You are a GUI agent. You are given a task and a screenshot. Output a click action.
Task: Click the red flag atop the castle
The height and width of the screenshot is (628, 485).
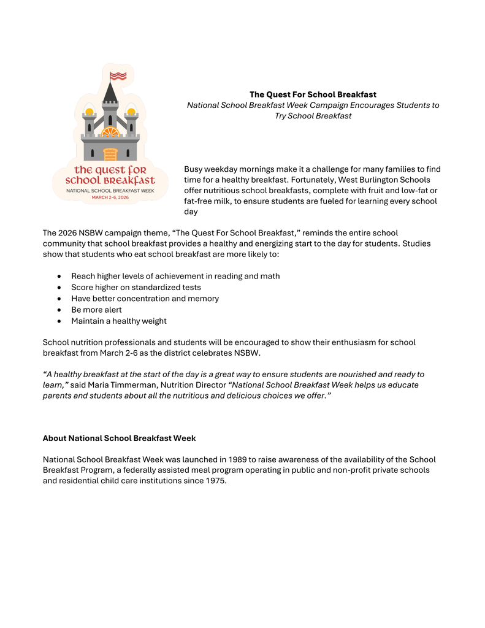click(x=118, y=76)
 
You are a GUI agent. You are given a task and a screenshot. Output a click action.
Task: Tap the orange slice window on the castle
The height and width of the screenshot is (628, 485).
click(x=110, y=131)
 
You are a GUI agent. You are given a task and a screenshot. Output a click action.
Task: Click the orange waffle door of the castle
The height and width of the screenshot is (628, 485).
click(x=110, y=153)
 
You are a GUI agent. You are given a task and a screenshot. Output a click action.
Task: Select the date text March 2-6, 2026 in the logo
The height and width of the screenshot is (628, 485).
click(x=110, y=197)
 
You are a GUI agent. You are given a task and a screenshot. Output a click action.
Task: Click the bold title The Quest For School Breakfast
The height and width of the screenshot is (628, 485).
click(x=313, y=94)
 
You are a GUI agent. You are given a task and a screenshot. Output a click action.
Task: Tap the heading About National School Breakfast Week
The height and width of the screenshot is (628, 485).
click(x=119, y=438)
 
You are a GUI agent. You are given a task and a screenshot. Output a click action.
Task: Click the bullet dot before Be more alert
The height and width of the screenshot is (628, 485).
click(x=58, y=310)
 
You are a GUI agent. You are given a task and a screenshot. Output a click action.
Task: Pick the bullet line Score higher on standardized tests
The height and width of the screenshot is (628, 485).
click(x=136, y=287)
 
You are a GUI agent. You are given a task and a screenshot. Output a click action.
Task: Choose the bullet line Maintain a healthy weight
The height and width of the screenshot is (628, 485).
click(x=118, y=321)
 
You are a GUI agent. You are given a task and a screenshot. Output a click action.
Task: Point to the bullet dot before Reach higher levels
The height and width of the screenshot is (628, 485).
click(x=58, y=276)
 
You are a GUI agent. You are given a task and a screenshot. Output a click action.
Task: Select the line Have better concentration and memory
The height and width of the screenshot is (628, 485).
click(x=145, y=299)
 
